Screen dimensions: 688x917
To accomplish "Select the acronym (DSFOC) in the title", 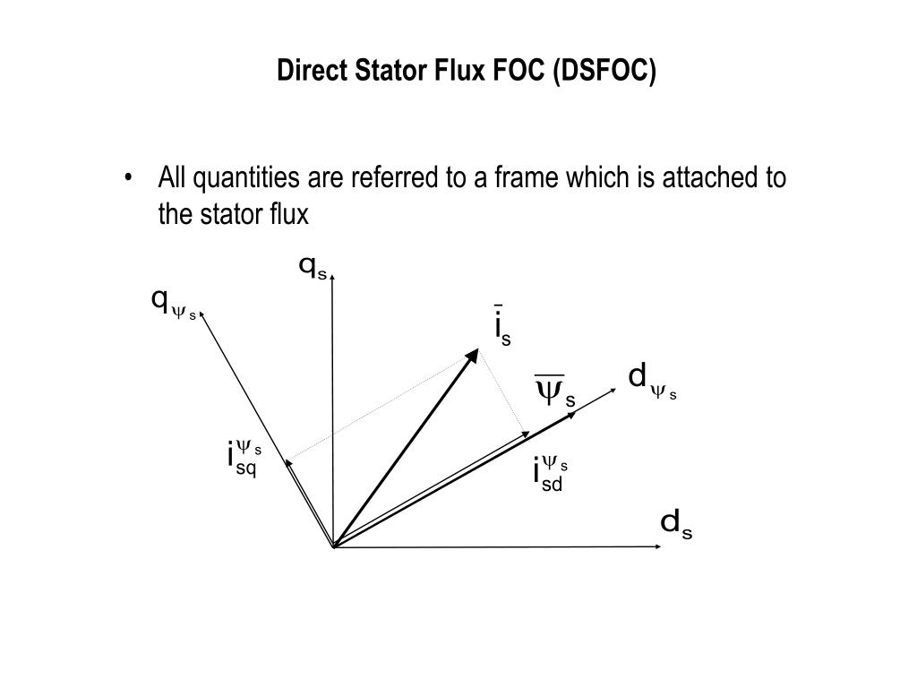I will tap(604, 71).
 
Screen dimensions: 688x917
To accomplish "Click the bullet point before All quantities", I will tap(132, 177).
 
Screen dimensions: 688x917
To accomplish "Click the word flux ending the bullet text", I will tap(287, 215).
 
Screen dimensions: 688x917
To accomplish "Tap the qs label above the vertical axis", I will tap(313, 266).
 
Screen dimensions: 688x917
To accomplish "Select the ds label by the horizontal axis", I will tap(676, 523).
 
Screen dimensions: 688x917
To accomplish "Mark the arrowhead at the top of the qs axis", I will tap(332, 279).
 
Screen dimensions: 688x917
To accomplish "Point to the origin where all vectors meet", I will tap(333, 546).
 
